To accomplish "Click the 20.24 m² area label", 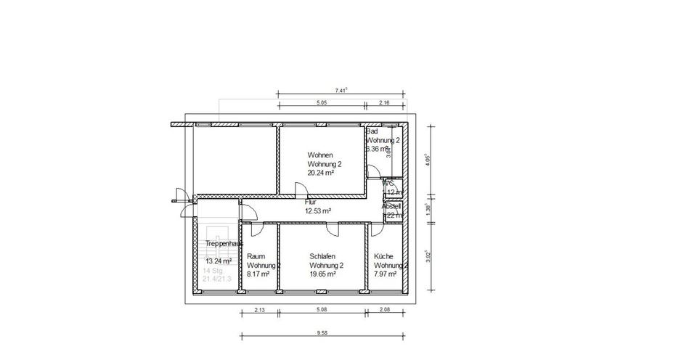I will click(x=320, y=173).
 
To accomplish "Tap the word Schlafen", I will click(x=322, y=256).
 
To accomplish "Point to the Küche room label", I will click(x=383, y=256).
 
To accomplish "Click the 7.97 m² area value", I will click(x=385, y=274).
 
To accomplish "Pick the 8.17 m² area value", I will click(x=258, y=274).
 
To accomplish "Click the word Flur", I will click(x=310, y=202).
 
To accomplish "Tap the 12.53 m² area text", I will click(x=318, y=210).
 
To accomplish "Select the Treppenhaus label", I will click(x=224, y=244).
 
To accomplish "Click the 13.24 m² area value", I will click(x=219, y=261).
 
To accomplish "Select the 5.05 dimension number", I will click(x=322, y=103).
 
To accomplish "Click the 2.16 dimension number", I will click(x=385, y=103).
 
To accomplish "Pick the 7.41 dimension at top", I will click(x=341, y=90).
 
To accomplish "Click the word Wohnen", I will click(x=320, y=155).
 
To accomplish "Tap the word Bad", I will click(x=372, y=131).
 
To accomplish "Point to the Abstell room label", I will click(x=391, y=205).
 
